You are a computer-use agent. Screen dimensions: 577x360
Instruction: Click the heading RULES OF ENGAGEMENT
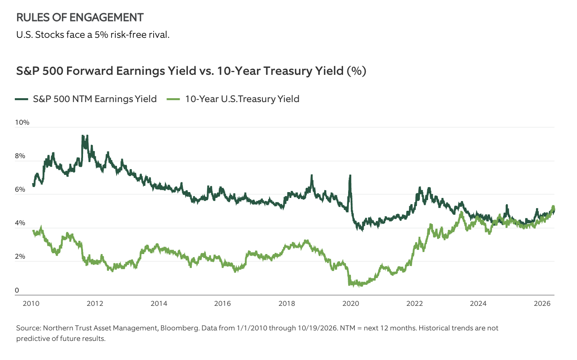click(x=80, y=18)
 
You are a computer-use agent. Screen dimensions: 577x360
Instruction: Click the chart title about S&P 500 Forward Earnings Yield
click(x=191, y=71)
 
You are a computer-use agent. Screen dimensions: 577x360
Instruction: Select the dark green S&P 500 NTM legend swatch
click(x=21, y=99)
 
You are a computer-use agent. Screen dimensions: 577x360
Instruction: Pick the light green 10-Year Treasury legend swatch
click(x=173, y=99)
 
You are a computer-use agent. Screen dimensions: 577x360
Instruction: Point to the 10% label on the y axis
click(x=22, y=122)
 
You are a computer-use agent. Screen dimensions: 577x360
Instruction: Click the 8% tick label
click(x=20, y=156)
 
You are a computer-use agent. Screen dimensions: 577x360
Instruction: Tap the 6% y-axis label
click(x=20, y=189)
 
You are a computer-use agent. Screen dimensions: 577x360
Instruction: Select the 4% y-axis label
click(x=20, y=223)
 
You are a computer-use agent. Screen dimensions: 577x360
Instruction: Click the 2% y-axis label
click(x=20, y=256)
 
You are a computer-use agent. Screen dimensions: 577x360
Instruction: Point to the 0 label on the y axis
click(x=17, y=290)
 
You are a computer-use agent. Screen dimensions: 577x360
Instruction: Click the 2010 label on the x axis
click(x=31, y=304)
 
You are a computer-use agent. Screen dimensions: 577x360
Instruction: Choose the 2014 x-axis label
click(x=159, y=304)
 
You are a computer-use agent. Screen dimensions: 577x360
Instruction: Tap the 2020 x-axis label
click(x=350, y=304)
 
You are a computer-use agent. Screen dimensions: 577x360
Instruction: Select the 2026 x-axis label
click(x=542, y=304)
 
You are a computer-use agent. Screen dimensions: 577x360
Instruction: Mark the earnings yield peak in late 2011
click(x=83, y=136)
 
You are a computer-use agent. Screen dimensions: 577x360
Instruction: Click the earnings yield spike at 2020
click(x=350, y=176)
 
